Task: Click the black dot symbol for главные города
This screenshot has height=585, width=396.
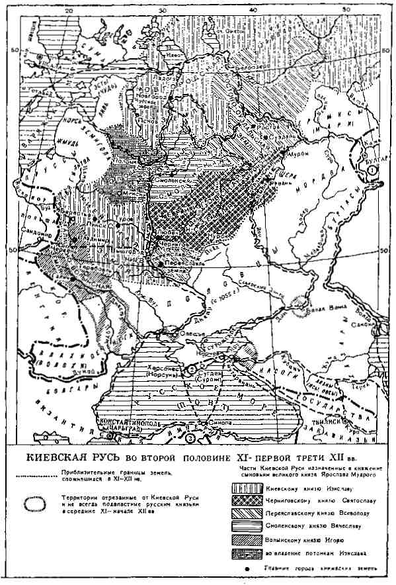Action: coord(245,570)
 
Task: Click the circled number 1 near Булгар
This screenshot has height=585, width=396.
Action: coord(372,169)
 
